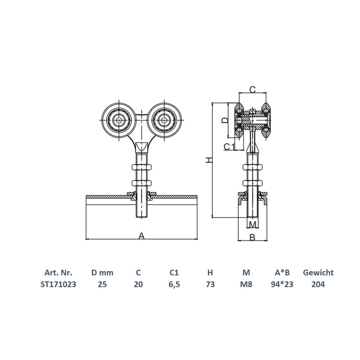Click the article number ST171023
point(58,284)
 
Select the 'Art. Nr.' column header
point(58,273)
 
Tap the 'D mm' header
point(102,273)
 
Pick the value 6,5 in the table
point(174,284)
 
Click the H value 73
point(210,284)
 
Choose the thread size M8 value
point(246,284)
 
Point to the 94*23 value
point(282,284)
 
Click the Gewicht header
point(318,273)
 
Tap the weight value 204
point(318,284)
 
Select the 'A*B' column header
point(282,273)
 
